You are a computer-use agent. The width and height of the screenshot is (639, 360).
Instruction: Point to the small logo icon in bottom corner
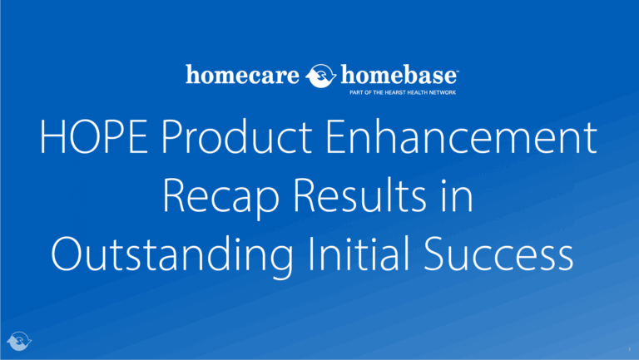[18, 341]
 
